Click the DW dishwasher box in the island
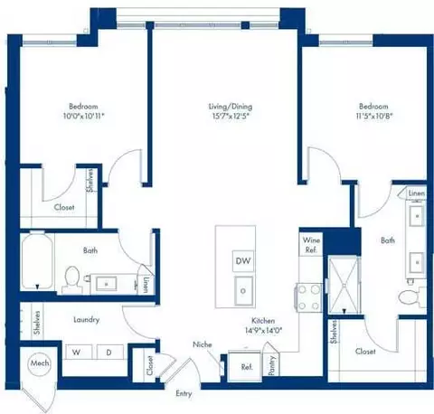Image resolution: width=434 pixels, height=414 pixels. click(x=242, y=261)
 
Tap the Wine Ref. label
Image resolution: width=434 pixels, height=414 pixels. click(x=310, y=244)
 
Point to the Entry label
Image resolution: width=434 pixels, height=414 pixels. click(x=184, y=393)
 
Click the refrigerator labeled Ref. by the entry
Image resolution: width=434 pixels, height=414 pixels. click(x=246, y=367)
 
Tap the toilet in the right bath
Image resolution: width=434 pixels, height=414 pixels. click(x=409, y=296)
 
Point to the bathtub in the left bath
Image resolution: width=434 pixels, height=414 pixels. click(x=36, y=262)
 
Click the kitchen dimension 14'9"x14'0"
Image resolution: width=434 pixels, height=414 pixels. click(x=264, y=331)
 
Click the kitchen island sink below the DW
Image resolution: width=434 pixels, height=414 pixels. click(x=243, y=290)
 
